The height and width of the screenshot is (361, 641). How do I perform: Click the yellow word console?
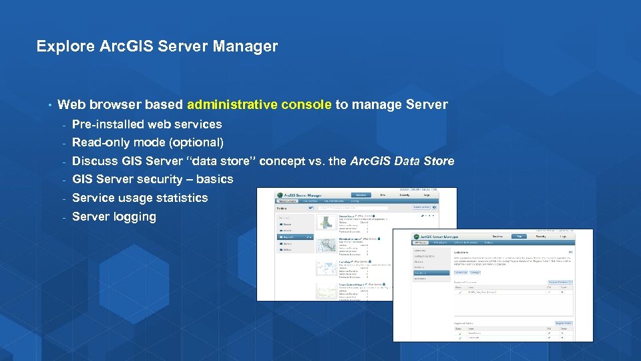(x=306, y=104)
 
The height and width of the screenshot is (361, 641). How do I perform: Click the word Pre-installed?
(x=108, y=124)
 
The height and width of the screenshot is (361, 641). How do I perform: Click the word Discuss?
(x=95, y=161)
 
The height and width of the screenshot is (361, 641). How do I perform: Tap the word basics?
(x=215, y=179)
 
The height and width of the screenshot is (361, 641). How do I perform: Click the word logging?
(x=134, y=217)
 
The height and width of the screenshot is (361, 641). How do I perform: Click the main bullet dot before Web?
(x=49, y=105)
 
